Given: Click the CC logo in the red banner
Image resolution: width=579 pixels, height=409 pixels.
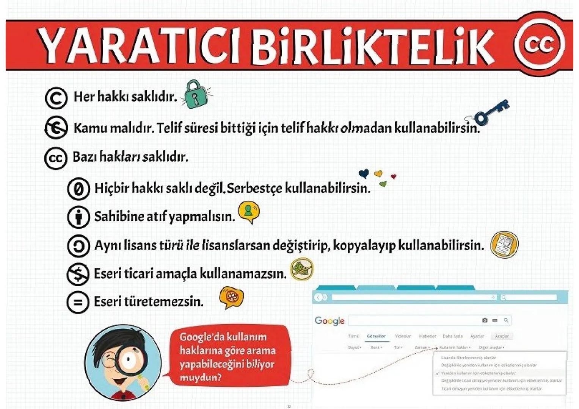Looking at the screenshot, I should (x=539, y=45).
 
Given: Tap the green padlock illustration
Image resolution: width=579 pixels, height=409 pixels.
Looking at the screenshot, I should (x=195, y=95).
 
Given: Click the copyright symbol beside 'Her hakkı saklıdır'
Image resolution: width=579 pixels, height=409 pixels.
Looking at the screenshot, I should (x=56, y=98).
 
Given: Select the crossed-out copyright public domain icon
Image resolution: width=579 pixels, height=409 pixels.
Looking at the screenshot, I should (x=56, y=128).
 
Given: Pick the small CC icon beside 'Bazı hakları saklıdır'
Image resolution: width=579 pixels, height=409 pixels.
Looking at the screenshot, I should (x=56, y=158).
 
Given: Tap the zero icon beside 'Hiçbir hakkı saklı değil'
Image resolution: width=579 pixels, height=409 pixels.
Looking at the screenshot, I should (x=78, y=189).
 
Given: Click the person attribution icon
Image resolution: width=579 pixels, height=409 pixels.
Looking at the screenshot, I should (x=78, y=217).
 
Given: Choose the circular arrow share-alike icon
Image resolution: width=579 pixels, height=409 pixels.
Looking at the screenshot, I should (x=78, y=246).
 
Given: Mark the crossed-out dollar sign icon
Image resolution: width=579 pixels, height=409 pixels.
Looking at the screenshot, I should (x=78, y=274).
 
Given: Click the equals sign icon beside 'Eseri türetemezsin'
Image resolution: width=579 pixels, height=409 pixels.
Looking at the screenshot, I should (x=78, y=302).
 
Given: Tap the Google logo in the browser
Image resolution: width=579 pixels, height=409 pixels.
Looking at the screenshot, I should (x=329, y=321).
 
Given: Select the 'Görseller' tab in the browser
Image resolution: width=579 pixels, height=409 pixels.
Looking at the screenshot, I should (x=376, y=336).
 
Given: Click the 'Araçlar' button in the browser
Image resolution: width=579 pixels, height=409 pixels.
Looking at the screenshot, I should (x=502, y=336).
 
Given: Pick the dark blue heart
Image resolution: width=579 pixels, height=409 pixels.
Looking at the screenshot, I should (x=364, y=173).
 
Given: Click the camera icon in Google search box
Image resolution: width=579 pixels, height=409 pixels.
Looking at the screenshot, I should (x=485, y=320).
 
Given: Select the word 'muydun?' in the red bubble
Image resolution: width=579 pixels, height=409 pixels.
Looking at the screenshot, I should (x=200, y=378).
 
